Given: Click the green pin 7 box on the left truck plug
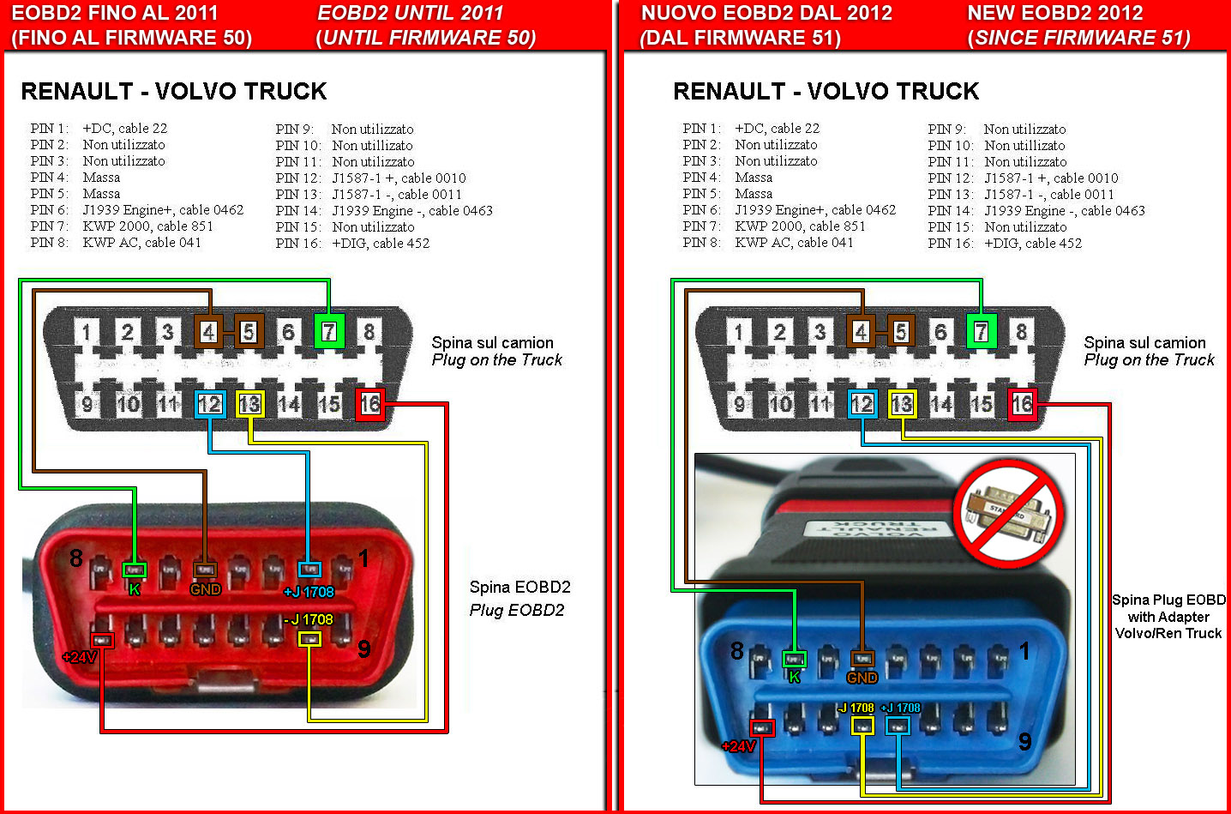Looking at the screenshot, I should (x=329, y=332).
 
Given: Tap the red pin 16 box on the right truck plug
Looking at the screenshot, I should (x=1022, y=405).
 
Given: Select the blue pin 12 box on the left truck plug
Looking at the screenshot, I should (x=210, y=404).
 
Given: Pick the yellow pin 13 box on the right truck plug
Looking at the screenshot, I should (x=902, y=405).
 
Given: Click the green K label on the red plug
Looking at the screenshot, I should (x=135, y=590).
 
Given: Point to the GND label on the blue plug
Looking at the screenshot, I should (x=862, y=678).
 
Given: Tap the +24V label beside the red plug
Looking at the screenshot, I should (x=80, y=657).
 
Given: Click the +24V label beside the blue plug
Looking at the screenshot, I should (x=739, y=746).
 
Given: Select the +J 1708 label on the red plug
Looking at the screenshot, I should (x=309, y=592).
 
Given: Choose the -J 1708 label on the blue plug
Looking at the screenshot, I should (x=856, y=708).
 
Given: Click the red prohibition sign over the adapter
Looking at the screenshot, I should (x=1008, y=512).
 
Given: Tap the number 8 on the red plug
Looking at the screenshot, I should (x=76, y=558).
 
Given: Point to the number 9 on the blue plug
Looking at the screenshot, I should (x=1024, y=741).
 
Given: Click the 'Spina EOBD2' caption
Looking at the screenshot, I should (x=519, y=588).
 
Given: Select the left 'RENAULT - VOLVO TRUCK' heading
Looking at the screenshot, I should (x=174, y=92).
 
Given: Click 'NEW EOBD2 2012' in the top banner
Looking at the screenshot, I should (x=1055, y=14).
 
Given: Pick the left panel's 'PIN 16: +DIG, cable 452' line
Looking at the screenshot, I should (x=352, y=244).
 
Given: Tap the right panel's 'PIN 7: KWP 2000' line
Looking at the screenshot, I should (x=774, y=226).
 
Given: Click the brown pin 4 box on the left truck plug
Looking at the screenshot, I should (x=208, y=332).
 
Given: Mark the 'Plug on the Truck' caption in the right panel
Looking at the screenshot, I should (x=1149, y=360).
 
